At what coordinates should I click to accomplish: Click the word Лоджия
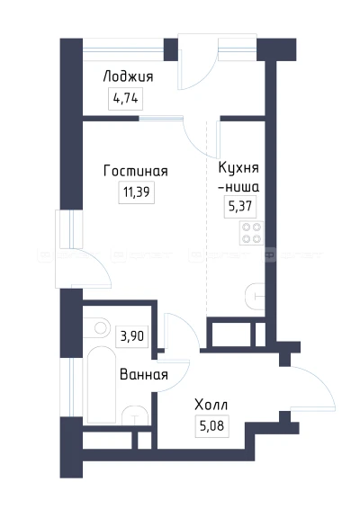click(x=129, y=77)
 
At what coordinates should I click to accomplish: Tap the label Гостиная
click(x=136, y=171)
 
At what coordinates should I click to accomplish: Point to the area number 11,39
click(x=136, y=192)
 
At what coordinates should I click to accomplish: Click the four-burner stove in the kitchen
click(x=251, y=235)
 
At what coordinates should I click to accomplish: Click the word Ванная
click(x=144, y=375)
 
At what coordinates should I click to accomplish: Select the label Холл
click(x=211, y=405)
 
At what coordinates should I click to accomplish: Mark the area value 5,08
click(x=211, y=425)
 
